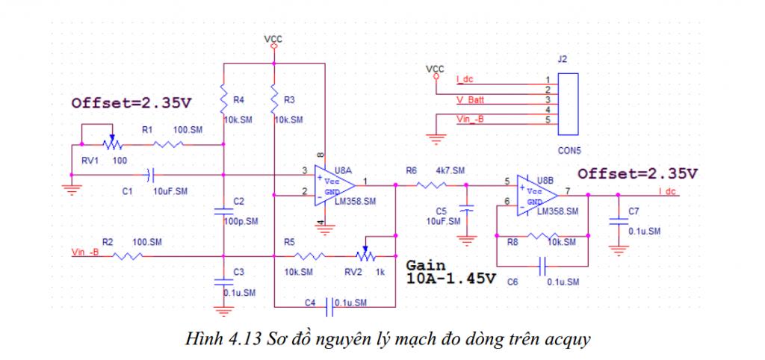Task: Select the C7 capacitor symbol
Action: pyautogui.click(x=619, y=220)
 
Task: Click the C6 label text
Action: pyautogui.click(x=512, y=282)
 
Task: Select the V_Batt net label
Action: pyautogui.click(x=471, y=98)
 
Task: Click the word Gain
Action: pyautogui.click(x=426, y=265)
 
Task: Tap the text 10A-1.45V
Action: pyautogui.click(x=451, y=279)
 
